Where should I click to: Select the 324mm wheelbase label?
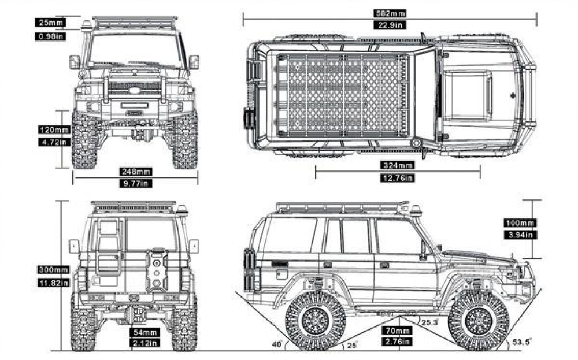398,165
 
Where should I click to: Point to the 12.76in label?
398,177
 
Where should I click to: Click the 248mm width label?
136,171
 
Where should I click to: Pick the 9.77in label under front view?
136,183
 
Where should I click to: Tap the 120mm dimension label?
54,130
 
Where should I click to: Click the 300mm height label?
53,270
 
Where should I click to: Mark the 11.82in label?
53,283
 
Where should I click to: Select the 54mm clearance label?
145,333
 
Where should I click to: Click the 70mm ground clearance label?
397,331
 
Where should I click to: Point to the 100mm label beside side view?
520,223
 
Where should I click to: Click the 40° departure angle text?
277,344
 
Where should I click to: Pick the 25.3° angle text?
428,321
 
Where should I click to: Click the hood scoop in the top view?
467,92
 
